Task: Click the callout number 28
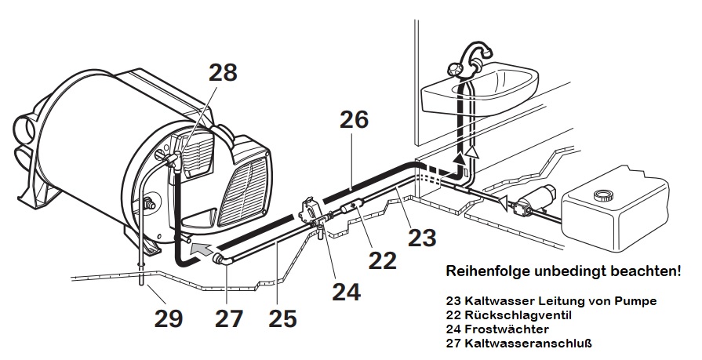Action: tap(222, 72)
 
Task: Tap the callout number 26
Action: tap(354, 120)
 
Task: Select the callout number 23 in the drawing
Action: tap(424, 236)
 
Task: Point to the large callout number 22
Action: tap(383, 260)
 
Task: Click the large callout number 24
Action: tap(346, 292)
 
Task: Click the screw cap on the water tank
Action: tap(602, 193)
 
